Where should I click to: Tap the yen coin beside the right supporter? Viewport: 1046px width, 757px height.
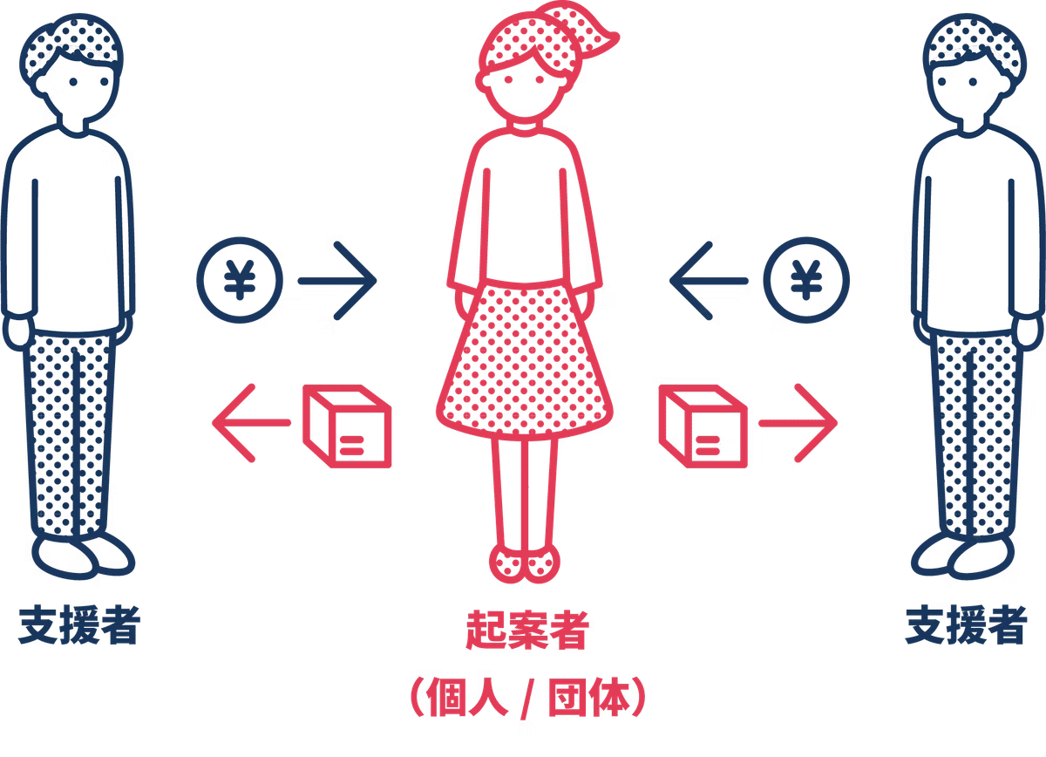[806, 281]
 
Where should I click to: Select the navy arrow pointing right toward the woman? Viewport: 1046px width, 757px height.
[338, 281]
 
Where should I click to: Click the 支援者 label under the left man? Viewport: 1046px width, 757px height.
[79, 625]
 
